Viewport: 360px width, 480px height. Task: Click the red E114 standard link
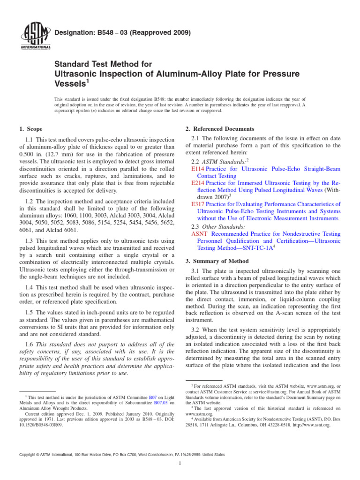click(x=198, y=168)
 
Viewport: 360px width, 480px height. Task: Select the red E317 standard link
click(x=198, y=204)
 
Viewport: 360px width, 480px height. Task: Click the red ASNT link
click(x=200, y=233)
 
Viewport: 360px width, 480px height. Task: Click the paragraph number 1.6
click(x=29, y=344)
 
